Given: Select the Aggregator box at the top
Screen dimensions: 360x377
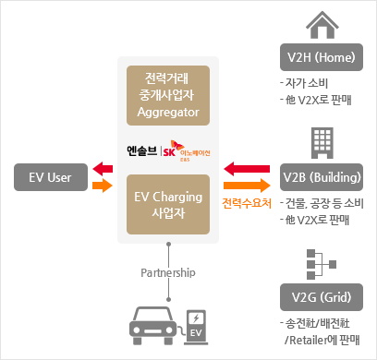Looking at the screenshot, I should [x=167, y=95].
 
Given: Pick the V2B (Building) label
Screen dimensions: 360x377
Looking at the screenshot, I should [x=322, y=177].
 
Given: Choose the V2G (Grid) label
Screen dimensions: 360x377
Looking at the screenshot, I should [x=322, y=296].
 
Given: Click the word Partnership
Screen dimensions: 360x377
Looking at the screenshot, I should [x=167, y=273].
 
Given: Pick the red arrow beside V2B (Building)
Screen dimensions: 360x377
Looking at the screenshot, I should [x=246, y=169].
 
